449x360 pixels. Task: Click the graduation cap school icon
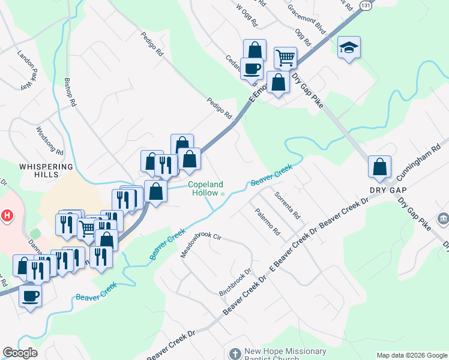[x=348, y=49]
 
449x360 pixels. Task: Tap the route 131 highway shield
[x=366, y=5]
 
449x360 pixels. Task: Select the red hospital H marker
[x=7, y=214]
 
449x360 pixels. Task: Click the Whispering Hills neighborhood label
[x=46, y=170]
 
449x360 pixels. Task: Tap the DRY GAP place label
[x=384, y=190]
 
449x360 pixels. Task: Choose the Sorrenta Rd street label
[x=287, y=205]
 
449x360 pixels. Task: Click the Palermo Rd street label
[x=267, y=221]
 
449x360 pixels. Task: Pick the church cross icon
[x=235, y=354]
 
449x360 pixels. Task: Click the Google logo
[x=20, y=353]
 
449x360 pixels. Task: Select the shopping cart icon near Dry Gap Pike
[x=285, y=58]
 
